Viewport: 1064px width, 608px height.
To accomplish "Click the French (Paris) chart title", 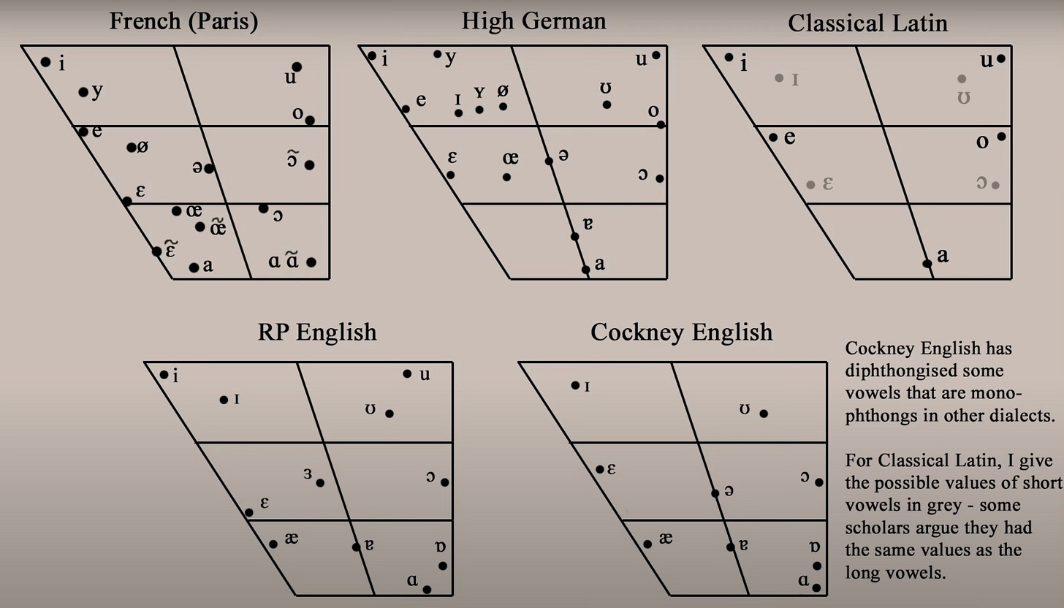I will tap(183, 21).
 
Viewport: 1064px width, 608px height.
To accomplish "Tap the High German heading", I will tap(533, 20).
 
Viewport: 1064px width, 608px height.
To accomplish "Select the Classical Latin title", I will tap(867, 23).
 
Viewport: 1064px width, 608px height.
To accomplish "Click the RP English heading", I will tap(317, 332).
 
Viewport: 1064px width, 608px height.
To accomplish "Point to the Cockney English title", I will tap(681, 332).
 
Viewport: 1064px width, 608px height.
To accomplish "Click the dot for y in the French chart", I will tap(83, 92).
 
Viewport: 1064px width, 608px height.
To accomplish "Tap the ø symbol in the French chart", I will tap(142, 147).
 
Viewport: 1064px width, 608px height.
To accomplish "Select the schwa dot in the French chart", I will tap(209, 169).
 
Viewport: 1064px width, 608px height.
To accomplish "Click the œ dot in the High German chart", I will tap(507, 177).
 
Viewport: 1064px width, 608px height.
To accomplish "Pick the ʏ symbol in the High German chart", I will tap(479, 93).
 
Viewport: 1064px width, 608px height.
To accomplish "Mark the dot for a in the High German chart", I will tap(585, 270).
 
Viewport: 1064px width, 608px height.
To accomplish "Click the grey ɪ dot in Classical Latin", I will tap(779, 77).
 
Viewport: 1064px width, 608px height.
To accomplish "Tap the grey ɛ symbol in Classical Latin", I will tap(828, 183).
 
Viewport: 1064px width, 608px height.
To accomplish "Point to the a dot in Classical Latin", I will tap(927, 263).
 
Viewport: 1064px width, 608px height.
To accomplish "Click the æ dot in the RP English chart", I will tap(273, 544).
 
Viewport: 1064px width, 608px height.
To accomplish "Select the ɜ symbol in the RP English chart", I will tap(308, 474).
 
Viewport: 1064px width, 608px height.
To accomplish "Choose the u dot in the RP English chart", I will tap(407, 373).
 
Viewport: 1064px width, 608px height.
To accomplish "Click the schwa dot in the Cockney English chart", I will tap(715, 493).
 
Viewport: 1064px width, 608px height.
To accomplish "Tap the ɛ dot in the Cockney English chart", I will tap(599, 469).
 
